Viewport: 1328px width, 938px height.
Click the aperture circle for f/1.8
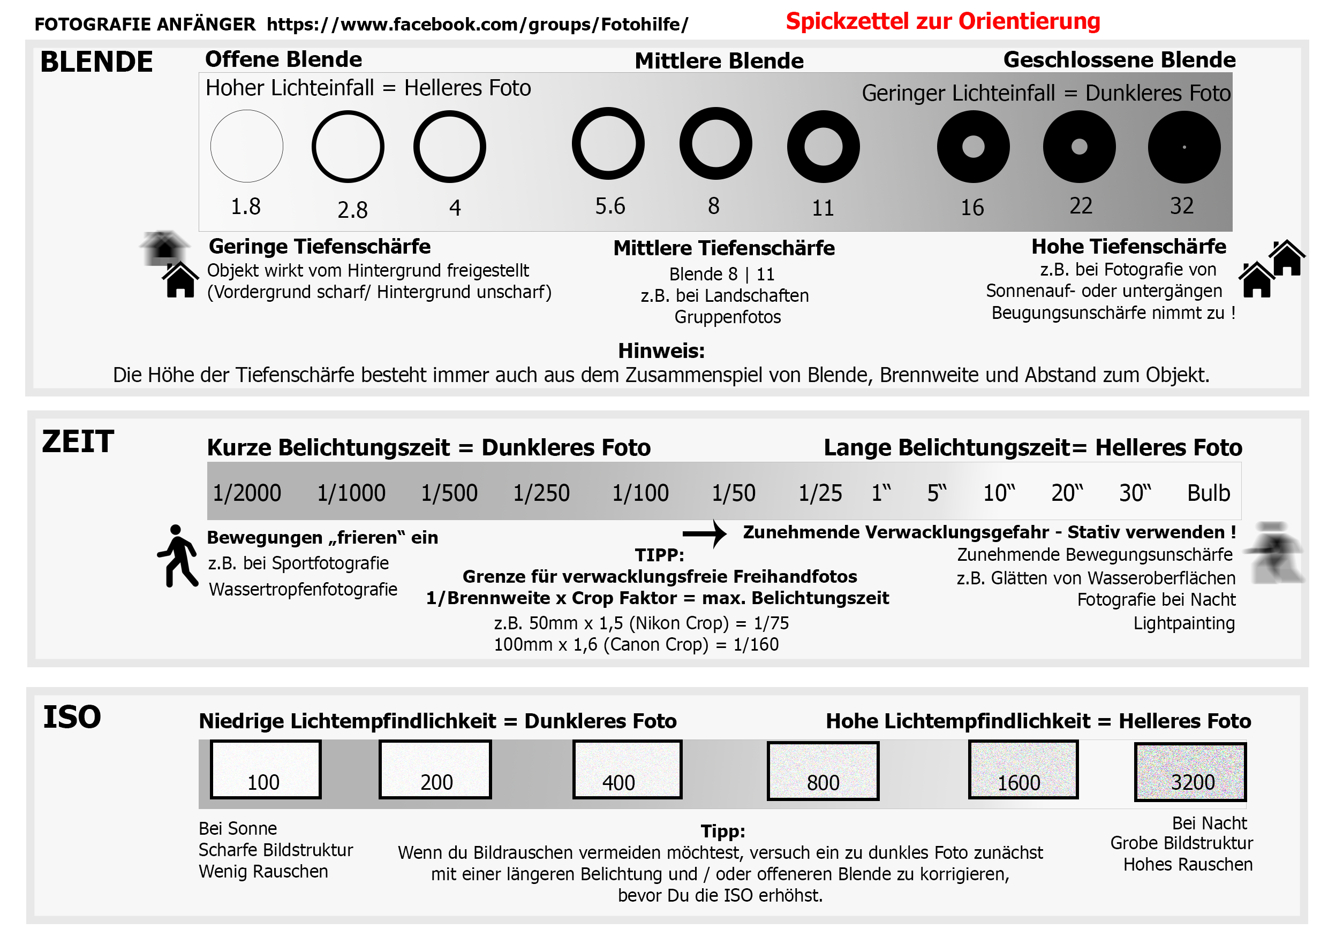coord(246,146)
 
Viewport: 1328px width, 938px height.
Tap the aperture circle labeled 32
coord(1184,147)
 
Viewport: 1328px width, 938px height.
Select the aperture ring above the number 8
coord(715,144)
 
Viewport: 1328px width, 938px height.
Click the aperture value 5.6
coord(610,207)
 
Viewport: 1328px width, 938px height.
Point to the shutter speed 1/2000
coord(246,493)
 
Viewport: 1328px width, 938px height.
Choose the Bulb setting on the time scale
coord(1208,493)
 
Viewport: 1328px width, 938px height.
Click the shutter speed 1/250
coord(541,493)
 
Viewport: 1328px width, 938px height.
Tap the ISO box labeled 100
coord(266,769)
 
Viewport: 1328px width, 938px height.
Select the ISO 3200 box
coord(1190,772)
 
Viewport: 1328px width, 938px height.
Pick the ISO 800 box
coord(823,771)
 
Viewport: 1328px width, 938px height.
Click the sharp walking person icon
coord(178,556)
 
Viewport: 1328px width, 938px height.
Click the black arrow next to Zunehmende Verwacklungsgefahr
coord(705,533)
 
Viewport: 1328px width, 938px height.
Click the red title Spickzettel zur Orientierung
coord(943,21)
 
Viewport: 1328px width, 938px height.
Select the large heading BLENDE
coord(96,62)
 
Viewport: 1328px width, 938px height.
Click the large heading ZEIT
coord(78,441)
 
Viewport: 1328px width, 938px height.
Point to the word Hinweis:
coord(661,351)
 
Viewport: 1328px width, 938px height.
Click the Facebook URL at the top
coord(477,24)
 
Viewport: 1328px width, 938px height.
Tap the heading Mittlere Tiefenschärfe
coord(723,248)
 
